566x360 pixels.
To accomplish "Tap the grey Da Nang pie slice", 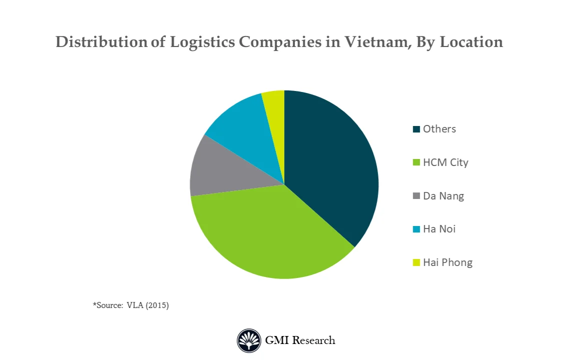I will (220, 170).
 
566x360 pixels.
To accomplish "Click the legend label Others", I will (439, 129).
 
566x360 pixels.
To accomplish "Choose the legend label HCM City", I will (445, 162).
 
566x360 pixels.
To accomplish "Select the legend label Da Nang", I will (443, 196).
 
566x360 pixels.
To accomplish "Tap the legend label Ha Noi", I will (439, 229).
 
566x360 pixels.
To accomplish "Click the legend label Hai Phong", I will (447, 262).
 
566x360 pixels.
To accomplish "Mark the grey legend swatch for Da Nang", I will (416, 196).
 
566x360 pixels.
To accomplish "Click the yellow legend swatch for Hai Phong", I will (416, 262).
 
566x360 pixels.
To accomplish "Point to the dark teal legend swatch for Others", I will (416, 129).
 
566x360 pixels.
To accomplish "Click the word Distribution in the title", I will (102, 42).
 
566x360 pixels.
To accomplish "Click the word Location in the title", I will (471, 42).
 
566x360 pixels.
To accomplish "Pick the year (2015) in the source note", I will (157, 305).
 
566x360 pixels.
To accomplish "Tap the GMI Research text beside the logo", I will (300, 341).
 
